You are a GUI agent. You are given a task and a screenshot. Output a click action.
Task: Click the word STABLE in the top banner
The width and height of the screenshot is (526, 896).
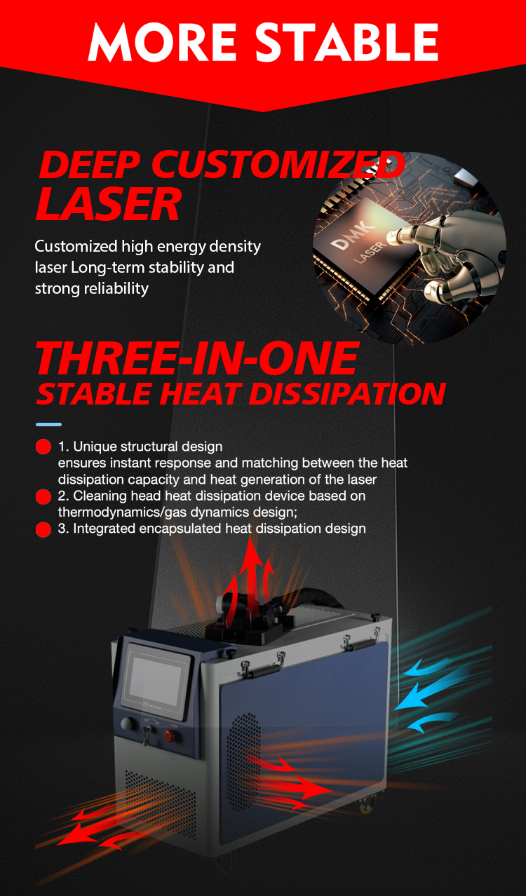tap(346, 42)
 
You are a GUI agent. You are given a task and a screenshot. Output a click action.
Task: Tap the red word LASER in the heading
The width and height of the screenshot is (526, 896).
tap(109, 204)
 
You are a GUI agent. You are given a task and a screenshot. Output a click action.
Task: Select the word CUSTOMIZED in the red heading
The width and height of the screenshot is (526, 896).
tap(278, 164)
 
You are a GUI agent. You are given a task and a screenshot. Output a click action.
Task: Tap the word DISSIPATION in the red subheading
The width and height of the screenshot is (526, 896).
tap(347, 393)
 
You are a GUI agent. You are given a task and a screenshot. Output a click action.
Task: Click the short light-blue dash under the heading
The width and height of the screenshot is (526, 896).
tap(48, 424)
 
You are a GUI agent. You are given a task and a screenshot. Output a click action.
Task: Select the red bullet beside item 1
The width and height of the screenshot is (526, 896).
tap(43, 447)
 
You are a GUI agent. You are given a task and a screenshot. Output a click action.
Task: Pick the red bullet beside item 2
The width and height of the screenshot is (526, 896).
tap(43, 496)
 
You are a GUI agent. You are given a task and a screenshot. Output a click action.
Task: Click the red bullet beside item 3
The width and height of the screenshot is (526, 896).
tap(43, 529)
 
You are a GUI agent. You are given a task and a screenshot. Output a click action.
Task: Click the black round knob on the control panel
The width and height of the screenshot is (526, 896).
tap(128, 724)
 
